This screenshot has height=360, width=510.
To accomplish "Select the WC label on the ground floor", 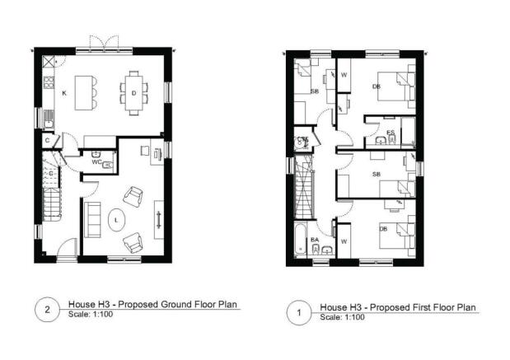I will tap(96, 162).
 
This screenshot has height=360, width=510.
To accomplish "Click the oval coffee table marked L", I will tap(117, 219).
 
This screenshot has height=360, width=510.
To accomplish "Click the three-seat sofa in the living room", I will tap(90, 218).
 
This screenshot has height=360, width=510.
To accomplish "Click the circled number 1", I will tap(298, 312).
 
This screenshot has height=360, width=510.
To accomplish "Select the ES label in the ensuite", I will tap(390, 132).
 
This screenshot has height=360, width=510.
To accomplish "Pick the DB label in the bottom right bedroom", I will tap(382, 228).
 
